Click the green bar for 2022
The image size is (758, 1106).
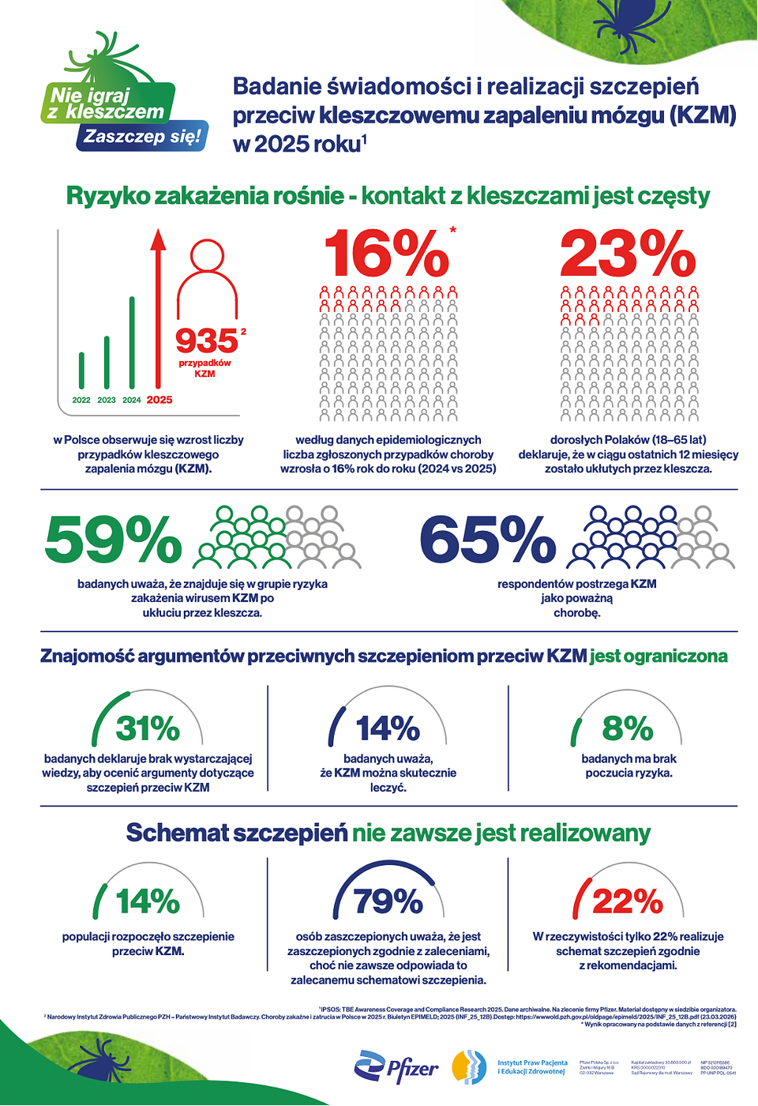click(81, 370)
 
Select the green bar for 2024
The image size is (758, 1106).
click(132, 343)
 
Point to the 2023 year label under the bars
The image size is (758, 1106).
click(107, 400)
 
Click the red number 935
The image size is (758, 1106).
click(206, 341)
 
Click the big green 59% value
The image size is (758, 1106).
click(113, 540)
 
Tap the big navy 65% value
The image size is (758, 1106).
click(488, 540)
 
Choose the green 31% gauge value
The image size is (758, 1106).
click(148, 728)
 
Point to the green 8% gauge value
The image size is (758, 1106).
click(628, 728)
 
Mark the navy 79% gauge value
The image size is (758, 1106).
click(388, 901)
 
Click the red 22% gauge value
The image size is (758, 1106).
click(628, 901)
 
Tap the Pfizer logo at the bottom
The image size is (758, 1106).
click(396, 1068)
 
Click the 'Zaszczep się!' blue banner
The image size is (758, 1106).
click(143, 137)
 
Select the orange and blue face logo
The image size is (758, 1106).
click(469, 1067)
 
